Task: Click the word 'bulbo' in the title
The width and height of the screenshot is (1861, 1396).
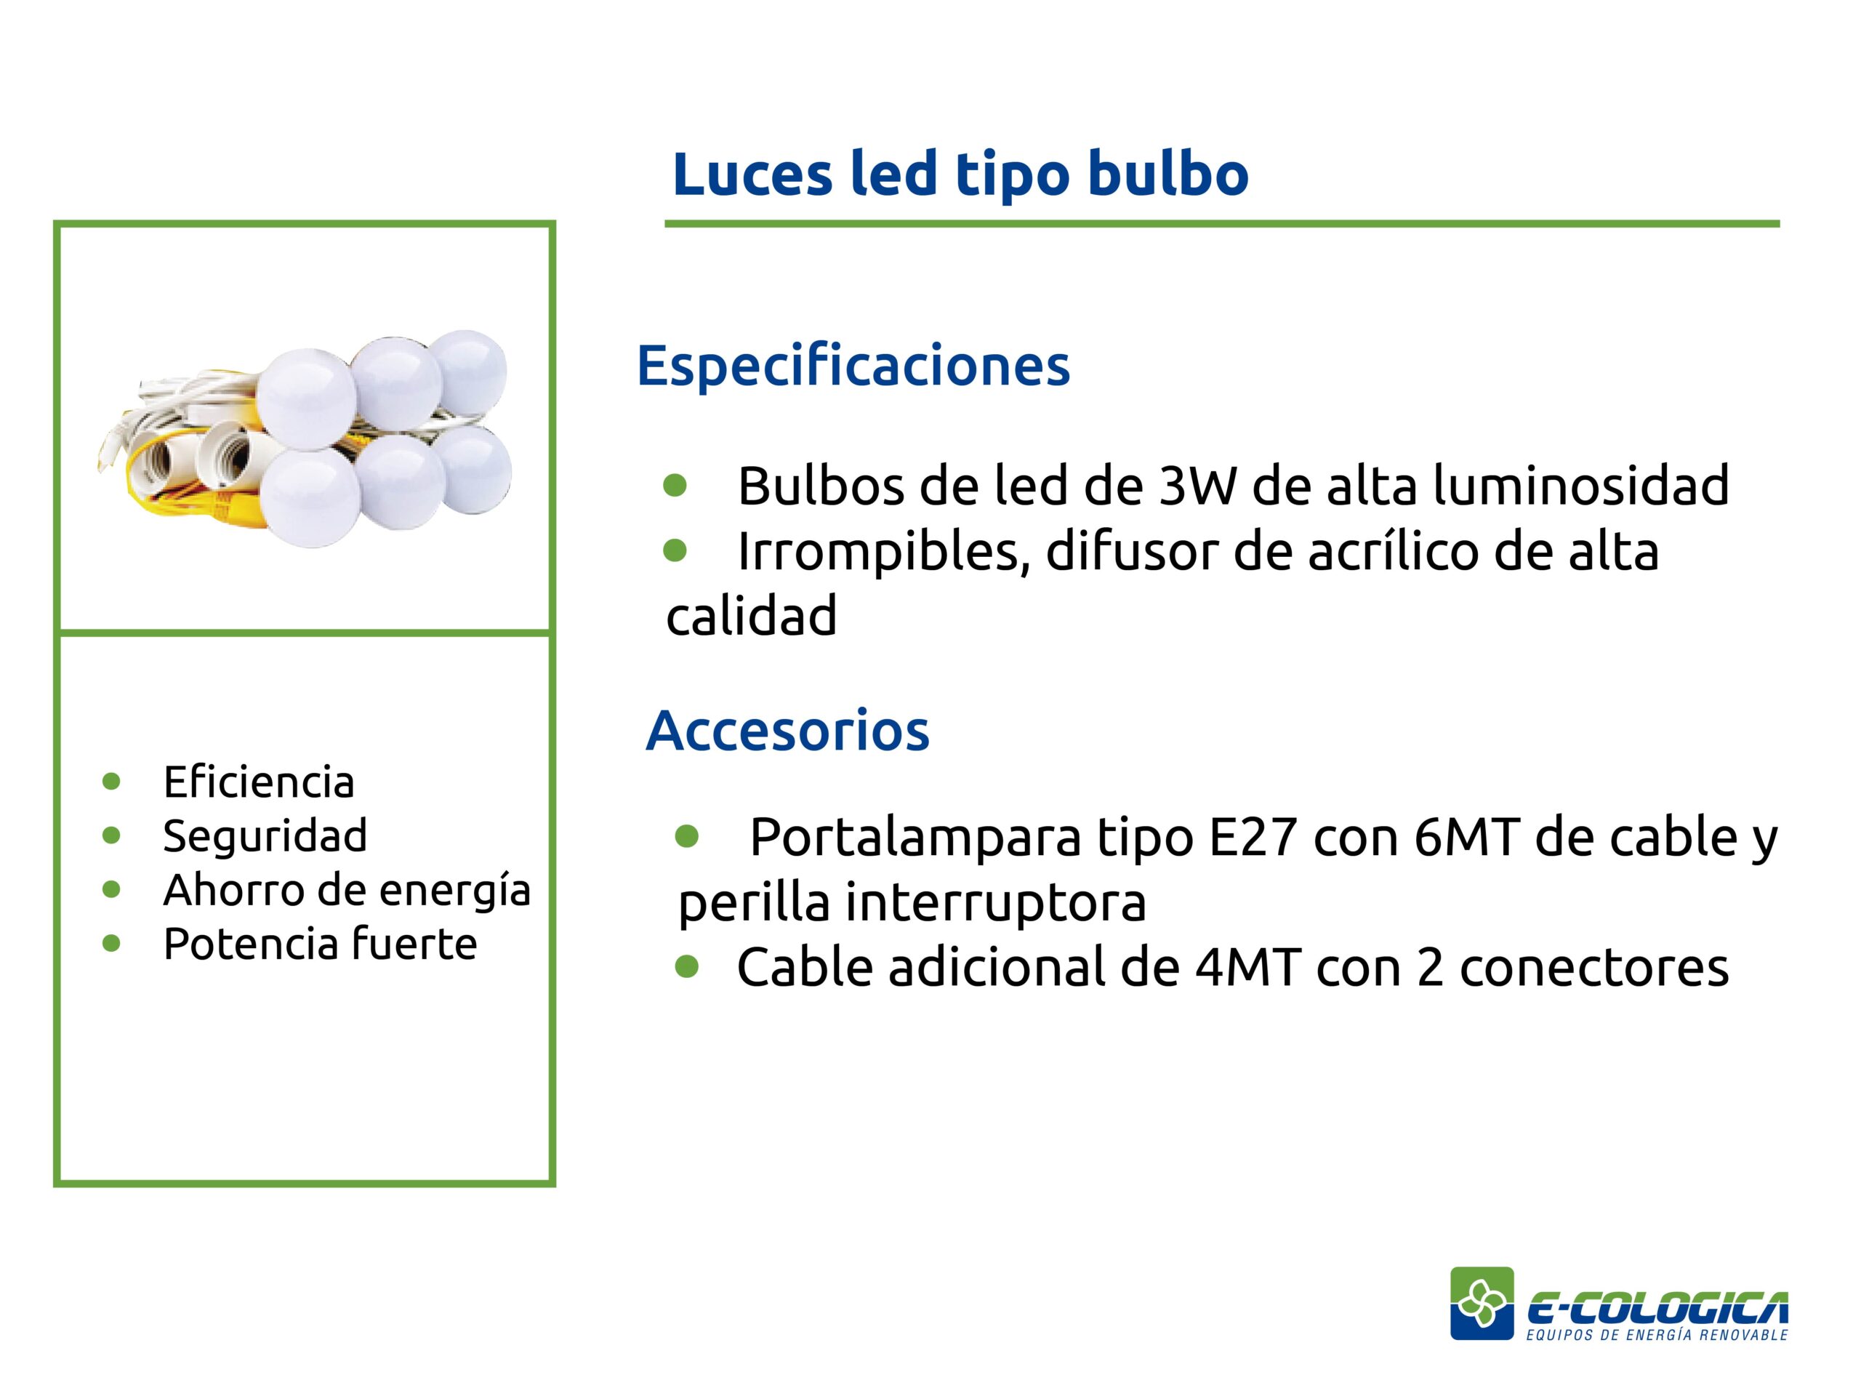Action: [x=1167, y=174]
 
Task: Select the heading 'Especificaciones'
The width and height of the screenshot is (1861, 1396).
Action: [x=853, y=367]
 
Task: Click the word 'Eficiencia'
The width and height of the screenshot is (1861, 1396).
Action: [x=259, y=782]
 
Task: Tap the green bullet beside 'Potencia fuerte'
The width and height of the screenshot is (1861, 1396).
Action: [x=111, y=942]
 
